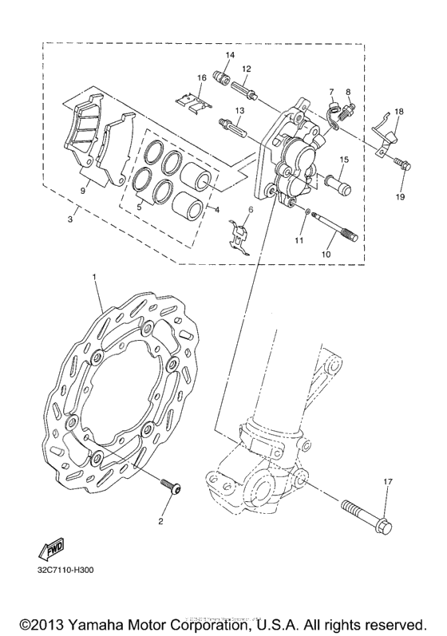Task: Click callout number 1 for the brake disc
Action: pyautogui.click(x=94, y=278)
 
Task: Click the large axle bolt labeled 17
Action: pyautogui.click(x=364, y=510)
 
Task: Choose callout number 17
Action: pyautogui.click(x=388, y=482)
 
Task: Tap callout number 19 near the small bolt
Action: pyautogui.click(x=400, y=196)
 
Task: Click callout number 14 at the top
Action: pyautogui.click(x=229, y=54)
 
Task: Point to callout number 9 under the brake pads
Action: pyautogui.click(x=82, y=192)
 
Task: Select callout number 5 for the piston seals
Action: pyautogui.click(x=140, y=206)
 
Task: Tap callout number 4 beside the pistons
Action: pyautogui.click(x=212, y=210)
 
